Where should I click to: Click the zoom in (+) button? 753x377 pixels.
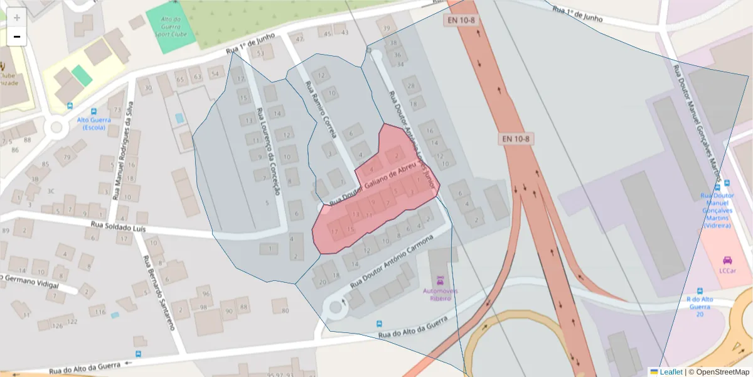[17, 18]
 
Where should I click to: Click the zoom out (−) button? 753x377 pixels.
[17, 37]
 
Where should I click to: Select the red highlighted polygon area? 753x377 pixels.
[376, 195]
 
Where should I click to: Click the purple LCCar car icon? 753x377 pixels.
[727, 260]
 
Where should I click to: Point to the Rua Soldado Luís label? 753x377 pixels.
[118, 226]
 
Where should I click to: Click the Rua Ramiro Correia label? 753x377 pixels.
[321, 109]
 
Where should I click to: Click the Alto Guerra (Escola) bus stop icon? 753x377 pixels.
[70, 106]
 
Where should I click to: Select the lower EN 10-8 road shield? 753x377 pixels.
[516, 138]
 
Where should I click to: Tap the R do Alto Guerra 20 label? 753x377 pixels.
[700, 307]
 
